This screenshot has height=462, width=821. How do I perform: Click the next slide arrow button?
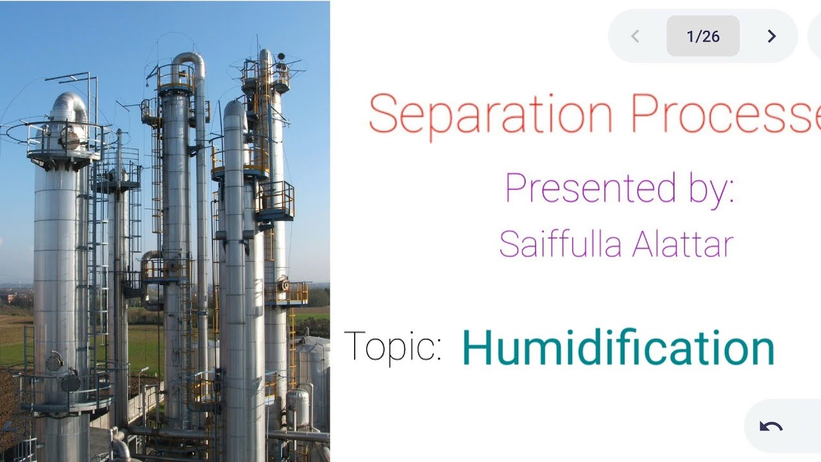[x=772, y=37]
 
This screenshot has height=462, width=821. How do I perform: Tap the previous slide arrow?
[x=635, y=37]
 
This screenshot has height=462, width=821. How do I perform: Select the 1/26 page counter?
[x=703, y=37]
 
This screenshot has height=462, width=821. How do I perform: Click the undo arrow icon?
[x=770, y=427]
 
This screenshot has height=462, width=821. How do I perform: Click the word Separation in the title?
[x=491, y=114]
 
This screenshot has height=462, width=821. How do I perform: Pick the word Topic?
[x=393, y=347]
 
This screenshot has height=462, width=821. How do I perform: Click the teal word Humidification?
[x=618, y=347]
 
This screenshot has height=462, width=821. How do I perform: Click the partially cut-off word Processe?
[x=725, y=114]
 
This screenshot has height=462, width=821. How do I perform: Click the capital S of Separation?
[x=384, y=114]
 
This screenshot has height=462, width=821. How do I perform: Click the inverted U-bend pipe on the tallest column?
[x=189, y=61]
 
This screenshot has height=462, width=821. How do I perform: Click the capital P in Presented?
[x=516, y=188]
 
